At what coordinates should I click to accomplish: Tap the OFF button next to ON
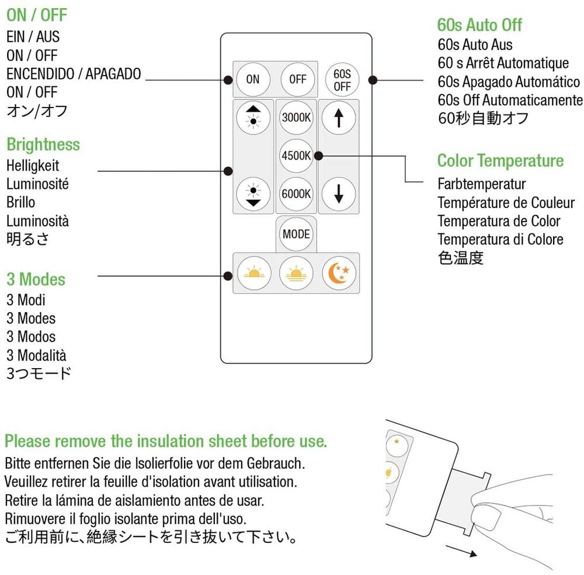coord(297,79)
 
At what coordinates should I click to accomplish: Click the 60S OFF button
coord(342,79)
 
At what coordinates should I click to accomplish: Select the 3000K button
coord(296,117)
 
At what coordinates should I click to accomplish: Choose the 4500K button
coord(296,156)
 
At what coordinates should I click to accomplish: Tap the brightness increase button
coord(253,117)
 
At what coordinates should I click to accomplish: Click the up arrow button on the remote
coord(338,117)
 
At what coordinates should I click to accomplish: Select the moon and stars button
coord(339,273)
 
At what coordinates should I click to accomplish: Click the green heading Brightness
coord(43,144)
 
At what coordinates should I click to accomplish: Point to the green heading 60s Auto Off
coord(479,25)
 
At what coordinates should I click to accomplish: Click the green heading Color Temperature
coord(500,161)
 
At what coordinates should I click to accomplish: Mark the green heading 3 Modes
coord(36,279)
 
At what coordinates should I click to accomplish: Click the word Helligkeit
coord(33,165)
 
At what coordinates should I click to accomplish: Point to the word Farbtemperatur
coord(482,184)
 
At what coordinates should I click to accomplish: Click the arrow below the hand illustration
coord(465,552)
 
